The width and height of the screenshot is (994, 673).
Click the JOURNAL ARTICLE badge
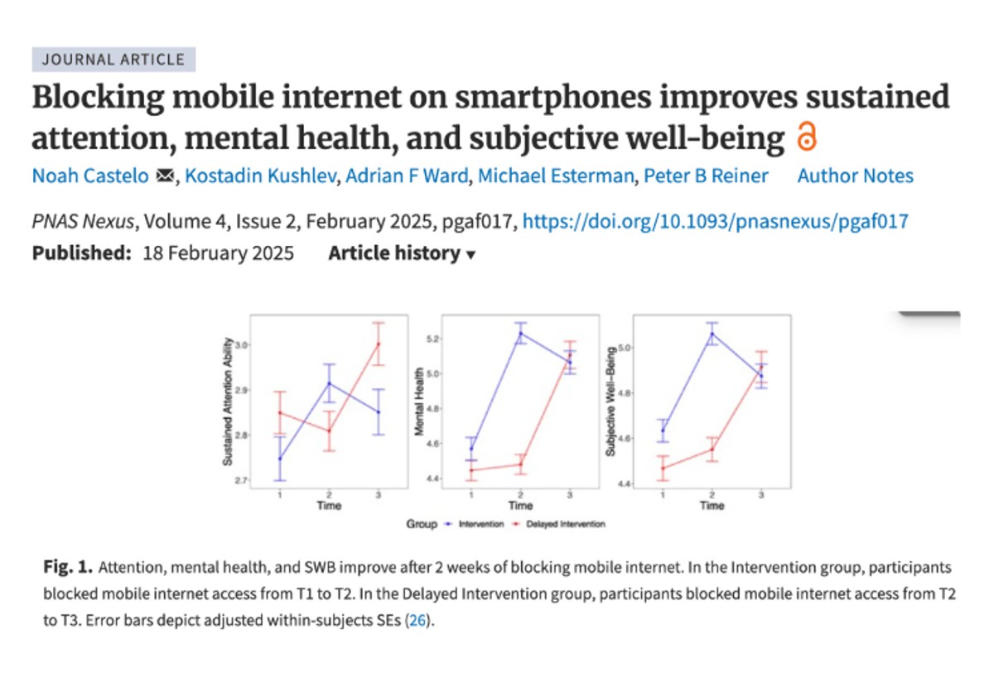click(114, 60)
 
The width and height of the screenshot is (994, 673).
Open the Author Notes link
click(855, 175)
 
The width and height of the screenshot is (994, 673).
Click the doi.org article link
click(716, 221)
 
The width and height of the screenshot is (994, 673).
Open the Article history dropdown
click(402, 253)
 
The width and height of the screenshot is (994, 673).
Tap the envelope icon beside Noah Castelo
click(165, 176)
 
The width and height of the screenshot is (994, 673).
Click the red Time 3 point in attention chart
click(379, 344)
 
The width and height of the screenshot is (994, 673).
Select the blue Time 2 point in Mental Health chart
click(521, 334)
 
